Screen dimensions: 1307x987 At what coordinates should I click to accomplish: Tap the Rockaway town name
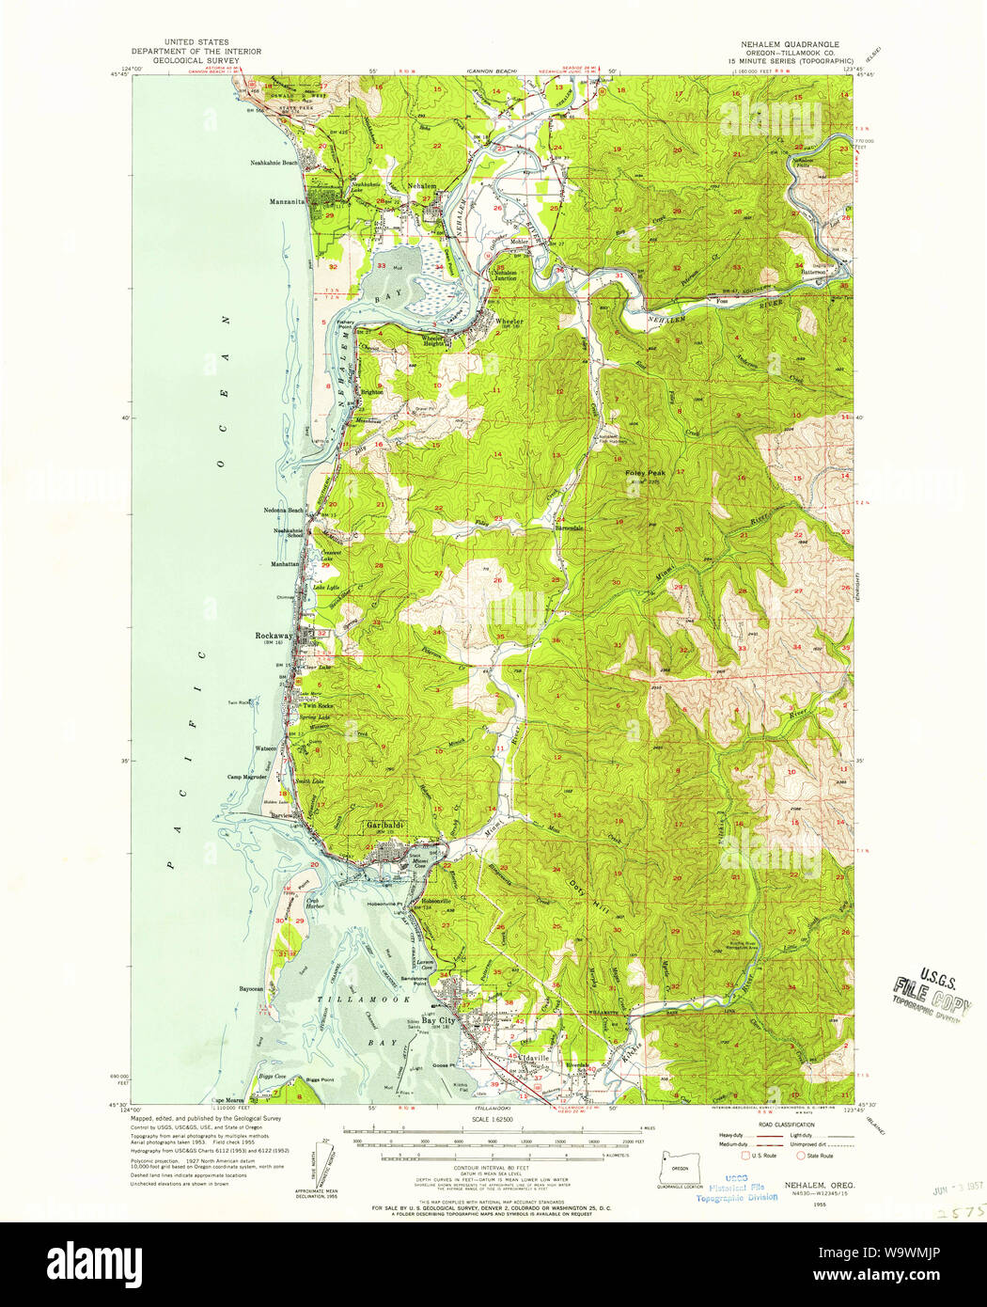(x=274, y=636)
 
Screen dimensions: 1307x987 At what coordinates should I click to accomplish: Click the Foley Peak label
(x=646, y=474)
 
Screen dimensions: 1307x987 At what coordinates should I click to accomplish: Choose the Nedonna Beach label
(x=283, y=511)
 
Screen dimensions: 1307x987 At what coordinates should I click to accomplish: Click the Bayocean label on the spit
(x=252, y=989)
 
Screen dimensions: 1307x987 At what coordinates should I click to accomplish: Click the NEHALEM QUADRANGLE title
(x=784, y=44)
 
